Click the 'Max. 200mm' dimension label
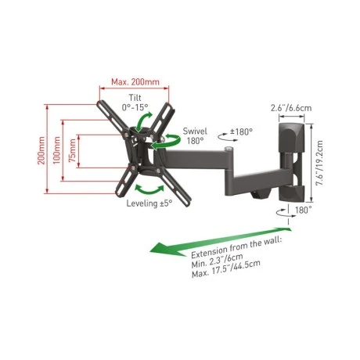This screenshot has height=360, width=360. pyautogui.click(x=135, y=82)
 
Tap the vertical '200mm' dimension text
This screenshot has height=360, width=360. pyautogui.click(x=41, y=150)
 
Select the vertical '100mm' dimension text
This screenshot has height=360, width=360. pyautogui.click(x=56, y=150)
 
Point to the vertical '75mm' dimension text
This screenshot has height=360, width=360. pyautogui.click(x=72, y=150)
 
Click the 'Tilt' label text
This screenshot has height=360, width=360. pyautogui.click(x=135, y=98)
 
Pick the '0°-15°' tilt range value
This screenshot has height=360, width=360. pyautogui.click(x=135, y=107)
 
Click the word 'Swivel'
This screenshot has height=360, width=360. pyautogui.click(x=195, y=131)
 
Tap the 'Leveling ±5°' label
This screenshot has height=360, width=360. pyautogui.click(x=149, y=203)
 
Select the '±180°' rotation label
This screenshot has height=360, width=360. pyautogui.click(x=241, y=131)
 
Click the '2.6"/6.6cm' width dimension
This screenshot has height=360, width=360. pyautogui.click(x=291, y=108)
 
